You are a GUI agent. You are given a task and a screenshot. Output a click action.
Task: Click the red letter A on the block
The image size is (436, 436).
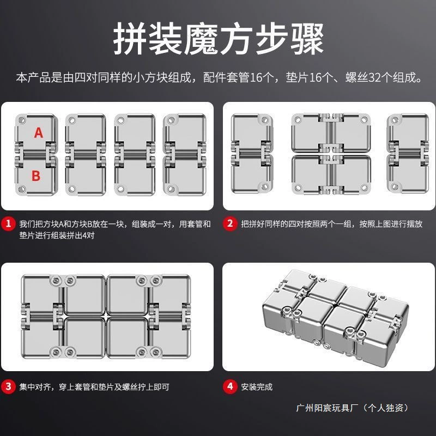pyautogui.click(x=39, y=132)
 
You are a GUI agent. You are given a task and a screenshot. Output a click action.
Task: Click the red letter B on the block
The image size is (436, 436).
pyautogui.click(x=36, y=175)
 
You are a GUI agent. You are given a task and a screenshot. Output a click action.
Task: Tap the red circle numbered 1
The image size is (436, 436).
pyautogui.click(x=8, y=223)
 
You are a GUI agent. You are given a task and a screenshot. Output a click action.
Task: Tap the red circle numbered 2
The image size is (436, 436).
pyautogui.click(x=230, y=223)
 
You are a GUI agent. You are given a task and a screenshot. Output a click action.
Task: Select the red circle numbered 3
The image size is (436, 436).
pyautogui.click(x=8, y=386)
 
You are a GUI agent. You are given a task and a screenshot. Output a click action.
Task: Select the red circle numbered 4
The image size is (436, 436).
pyautogui.click(x=230, y=386)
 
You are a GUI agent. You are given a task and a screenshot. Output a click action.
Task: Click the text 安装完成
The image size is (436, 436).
pyautogui.click(x=257, y=387)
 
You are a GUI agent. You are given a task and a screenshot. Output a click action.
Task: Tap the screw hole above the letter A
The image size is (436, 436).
pyautogui.click(x=21, y=120)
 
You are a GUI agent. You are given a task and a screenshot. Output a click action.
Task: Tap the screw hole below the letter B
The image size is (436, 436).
pyautogui.click(x=21, y=189)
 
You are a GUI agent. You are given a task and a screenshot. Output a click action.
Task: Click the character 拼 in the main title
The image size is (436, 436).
pyautogui.click(x=130, y=38)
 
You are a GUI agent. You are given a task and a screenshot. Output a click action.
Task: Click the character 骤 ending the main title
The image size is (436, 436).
pyautogui.click(x=307, y=38)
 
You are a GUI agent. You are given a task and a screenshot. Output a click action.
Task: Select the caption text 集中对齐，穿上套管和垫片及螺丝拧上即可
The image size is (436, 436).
pyautogui.click(x=94, y=387)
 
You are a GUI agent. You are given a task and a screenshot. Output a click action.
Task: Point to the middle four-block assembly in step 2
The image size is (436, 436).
pyautogui.click(x=331, y=154)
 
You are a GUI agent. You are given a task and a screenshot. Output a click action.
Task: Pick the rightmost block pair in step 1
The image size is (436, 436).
pyautogui.click(x=185, y=155)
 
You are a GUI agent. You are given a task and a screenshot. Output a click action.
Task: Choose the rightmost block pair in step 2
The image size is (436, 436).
pyautogui.click(x=408, y=153)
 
